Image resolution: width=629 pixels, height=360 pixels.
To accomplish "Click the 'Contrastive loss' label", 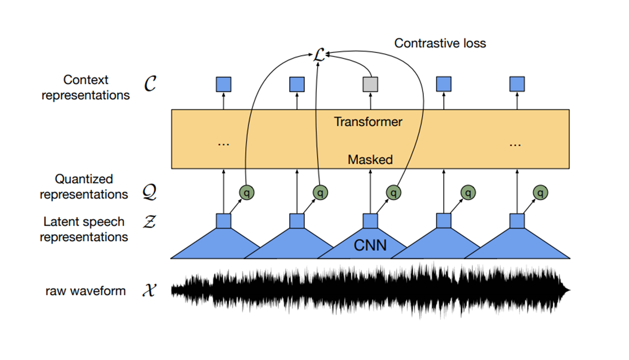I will coord(440,43).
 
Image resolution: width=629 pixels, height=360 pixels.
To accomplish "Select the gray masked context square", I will coord(370,85).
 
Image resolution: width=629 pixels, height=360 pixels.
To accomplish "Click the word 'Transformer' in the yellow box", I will coord(368,122).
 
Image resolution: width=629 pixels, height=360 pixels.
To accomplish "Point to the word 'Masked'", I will coord(370,159).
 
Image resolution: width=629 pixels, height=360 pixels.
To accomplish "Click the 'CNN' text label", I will coord(370,246).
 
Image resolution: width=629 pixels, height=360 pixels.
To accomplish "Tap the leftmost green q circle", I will coord(247,192).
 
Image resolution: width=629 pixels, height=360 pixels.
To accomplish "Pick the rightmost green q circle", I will coord(540,192).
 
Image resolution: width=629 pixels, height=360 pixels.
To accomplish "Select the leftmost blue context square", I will coord(223,85).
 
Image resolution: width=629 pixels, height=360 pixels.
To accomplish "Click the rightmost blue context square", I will coord(517,85).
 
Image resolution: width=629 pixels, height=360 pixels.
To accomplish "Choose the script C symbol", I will coord(150,85).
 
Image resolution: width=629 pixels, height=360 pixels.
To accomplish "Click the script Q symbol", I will coord(150,193).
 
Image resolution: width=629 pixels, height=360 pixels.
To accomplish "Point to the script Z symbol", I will coord(149,223).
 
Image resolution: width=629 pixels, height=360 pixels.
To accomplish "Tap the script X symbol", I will coord(149,291).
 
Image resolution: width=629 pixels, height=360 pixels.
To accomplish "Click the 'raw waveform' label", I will coord(85,291).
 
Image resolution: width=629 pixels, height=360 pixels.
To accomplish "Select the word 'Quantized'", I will coord(84,179).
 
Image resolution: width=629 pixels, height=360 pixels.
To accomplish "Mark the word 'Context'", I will coord(86,80).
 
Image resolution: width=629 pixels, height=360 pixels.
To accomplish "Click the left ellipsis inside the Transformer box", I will coord(223,144).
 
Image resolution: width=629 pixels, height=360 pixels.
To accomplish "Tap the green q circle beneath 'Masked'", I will coord(393,192).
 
